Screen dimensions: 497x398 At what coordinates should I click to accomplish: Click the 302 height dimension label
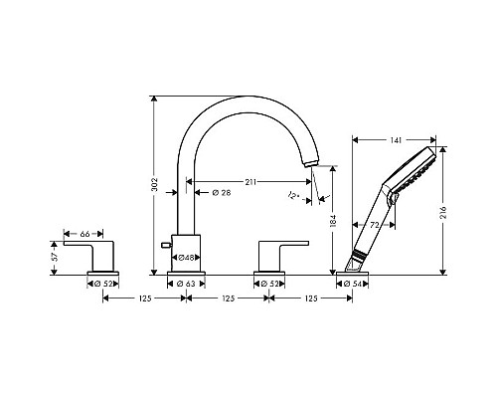coord(154,185)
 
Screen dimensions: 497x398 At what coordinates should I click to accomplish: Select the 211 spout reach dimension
coord(250,182)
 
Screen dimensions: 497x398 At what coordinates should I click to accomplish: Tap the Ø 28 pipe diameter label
coord(222,193)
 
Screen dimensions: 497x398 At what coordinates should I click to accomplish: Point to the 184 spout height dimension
coord(333,221)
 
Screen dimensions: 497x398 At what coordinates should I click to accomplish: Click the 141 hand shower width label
coord(396,140)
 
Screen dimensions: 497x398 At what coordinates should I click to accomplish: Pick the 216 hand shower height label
coord(443,212)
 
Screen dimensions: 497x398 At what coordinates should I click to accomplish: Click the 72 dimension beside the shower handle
coord(375,225)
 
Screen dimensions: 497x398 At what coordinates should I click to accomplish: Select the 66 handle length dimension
coord(84,234)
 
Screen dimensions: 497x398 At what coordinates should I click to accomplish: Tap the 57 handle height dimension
coord(55,256)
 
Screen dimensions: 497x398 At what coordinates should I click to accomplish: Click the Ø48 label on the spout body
coord(187,258)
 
